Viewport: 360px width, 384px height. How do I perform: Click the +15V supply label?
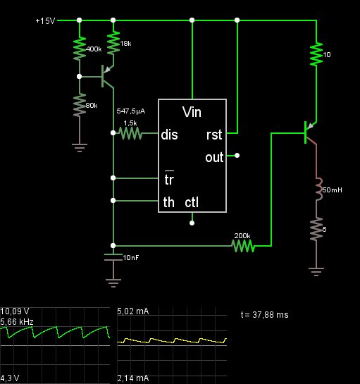pos(45,21)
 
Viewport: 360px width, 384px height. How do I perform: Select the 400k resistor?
pos(80,49)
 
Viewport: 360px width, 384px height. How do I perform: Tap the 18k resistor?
pos(113,43)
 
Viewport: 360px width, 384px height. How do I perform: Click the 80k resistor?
pos(80,105)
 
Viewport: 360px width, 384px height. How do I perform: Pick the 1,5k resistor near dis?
pos(130,133)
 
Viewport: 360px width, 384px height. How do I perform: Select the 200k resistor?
pos(243,246)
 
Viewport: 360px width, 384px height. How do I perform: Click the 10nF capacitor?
pos(113,257)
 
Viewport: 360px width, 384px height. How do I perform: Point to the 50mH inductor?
pos(318,190)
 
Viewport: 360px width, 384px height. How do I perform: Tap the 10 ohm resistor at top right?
pos(316,54)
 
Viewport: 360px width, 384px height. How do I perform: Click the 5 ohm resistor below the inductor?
pos(316,229)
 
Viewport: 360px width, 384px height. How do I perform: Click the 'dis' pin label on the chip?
pos(169,135)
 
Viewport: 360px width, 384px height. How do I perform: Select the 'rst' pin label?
pos(214,135)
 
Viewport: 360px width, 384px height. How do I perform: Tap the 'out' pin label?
pos(214,157)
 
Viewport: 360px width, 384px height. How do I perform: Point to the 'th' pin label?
pos(169,202)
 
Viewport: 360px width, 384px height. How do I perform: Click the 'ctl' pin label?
pos(192,202)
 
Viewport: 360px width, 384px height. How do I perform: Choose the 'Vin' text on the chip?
pos(192,112)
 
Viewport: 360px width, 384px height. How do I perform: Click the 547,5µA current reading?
pos(131,111)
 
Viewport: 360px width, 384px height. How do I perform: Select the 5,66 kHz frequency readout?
pos(17,322)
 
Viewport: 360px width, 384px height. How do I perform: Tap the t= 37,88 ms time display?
pos(264,315)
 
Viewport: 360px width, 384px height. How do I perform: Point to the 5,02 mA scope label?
pos(133,311)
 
